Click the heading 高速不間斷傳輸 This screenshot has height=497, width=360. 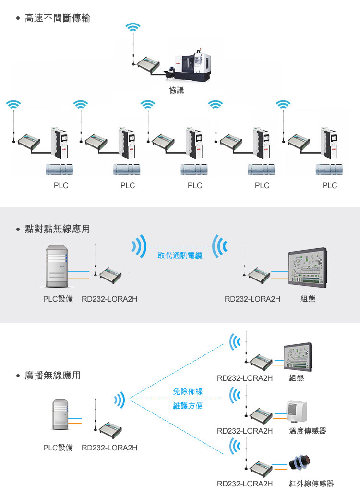[57, 19]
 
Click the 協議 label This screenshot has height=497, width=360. [177, 90]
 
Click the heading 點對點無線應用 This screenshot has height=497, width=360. [57, 229]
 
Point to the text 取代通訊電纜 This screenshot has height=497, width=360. [180, 255]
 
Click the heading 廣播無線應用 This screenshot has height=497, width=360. [52, 375]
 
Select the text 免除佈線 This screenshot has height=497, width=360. [188, 392]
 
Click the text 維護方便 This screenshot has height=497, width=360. [188, 406]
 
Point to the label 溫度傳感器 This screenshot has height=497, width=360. [308, 431]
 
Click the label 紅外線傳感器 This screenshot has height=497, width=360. [311, 484]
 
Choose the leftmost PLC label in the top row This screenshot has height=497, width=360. [61, 186]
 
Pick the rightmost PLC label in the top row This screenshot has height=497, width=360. [330, 186]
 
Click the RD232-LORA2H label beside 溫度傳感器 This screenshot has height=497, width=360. [245, 431]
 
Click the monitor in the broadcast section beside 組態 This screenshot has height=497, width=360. [298, 356]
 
